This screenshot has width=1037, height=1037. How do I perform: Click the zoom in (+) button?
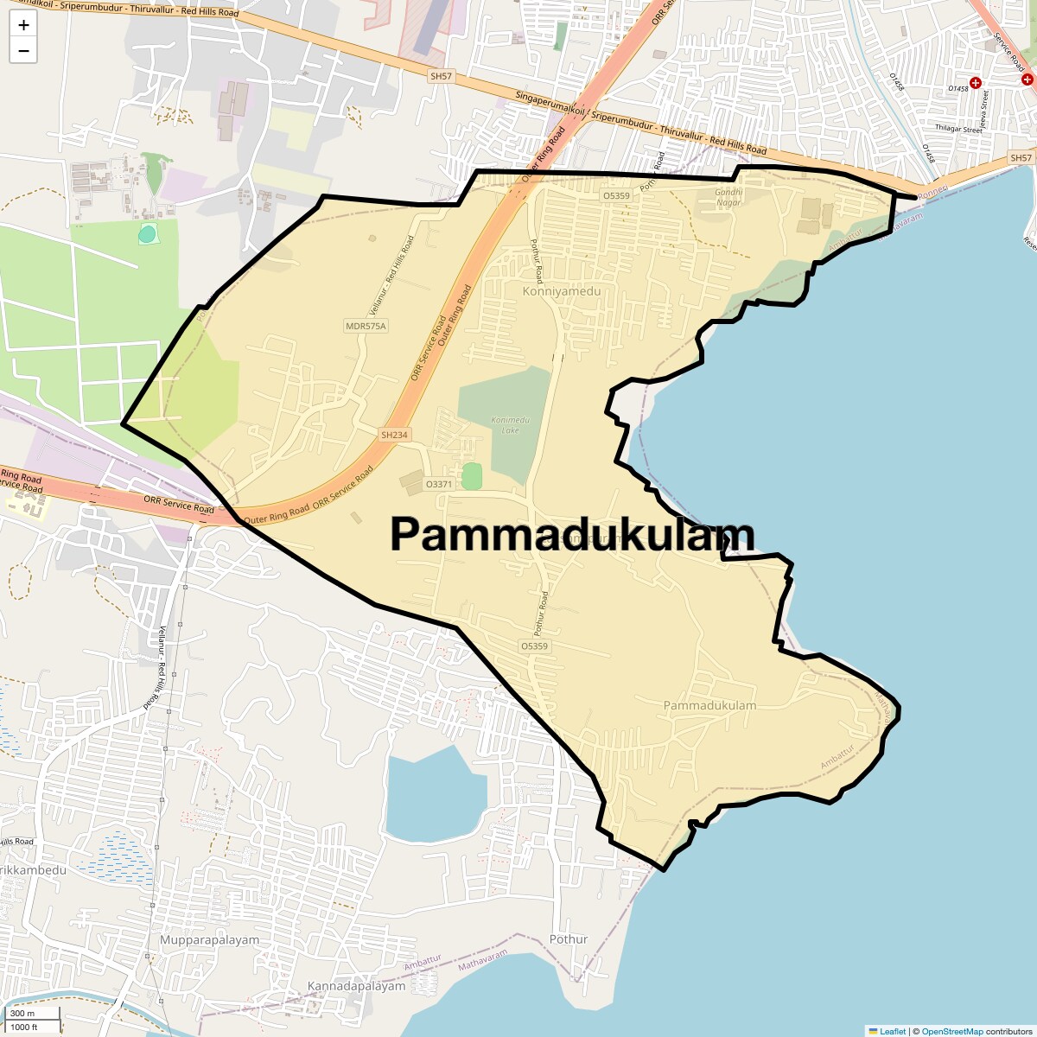(x=23, y=25)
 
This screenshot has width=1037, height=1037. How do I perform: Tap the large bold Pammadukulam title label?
(x=572, y=534)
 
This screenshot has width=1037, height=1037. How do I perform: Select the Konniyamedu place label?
(x=561, y=291)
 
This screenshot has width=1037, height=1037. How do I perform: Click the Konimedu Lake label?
(x=510, y=424)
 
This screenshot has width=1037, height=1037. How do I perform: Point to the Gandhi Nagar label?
(x=728, y=197)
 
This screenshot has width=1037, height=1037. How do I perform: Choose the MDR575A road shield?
(x=366, y=326)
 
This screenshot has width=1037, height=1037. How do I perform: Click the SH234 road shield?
(x=393, y=435)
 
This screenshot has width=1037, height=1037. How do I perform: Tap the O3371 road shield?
(x=439, y=484)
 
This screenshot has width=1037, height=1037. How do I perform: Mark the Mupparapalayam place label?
(x=209, y=939)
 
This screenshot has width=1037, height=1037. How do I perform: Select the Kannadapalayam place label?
(x=356, y=986)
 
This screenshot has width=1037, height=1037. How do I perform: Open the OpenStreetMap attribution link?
(x=951, y=1031)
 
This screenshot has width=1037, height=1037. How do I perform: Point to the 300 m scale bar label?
(x=22, y=1014)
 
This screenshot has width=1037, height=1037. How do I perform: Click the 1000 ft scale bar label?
(x=24, y=1027)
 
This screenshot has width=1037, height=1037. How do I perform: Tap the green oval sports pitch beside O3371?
(x=471, y=476)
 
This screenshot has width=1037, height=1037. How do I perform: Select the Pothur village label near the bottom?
(x=569, y=939)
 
